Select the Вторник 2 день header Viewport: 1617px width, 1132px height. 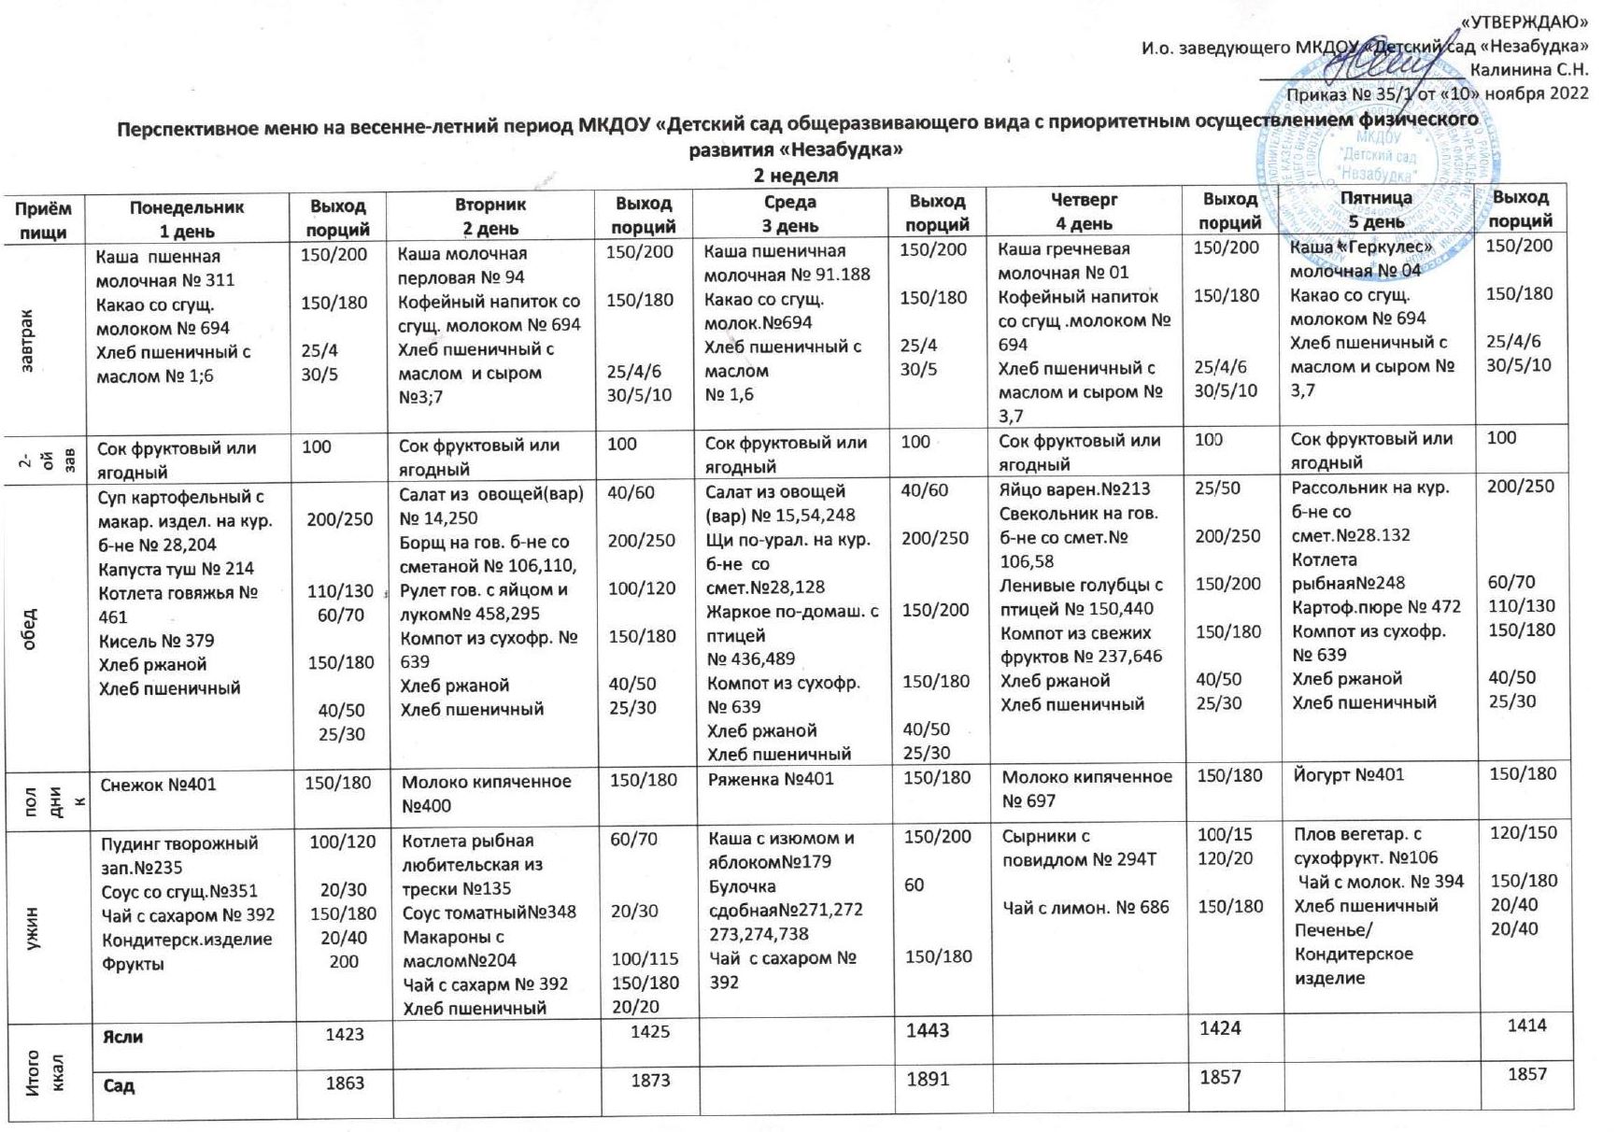[490, 216]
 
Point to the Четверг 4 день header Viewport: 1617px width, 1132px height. [1084, 212]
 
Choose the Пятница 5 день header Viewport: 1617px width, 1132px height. [1376, 210]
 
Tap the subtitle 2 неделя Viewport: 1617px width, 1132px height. [796, 176]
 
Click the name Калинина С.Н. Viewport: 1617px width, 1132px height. [1529, 69]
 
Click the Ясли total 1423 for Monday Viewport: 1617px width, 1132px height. [344, 1034]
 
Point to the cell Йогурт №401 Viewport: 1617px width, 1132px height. [1348, 774]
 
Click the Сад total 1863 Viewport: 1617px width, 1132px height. [344, 1083]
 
